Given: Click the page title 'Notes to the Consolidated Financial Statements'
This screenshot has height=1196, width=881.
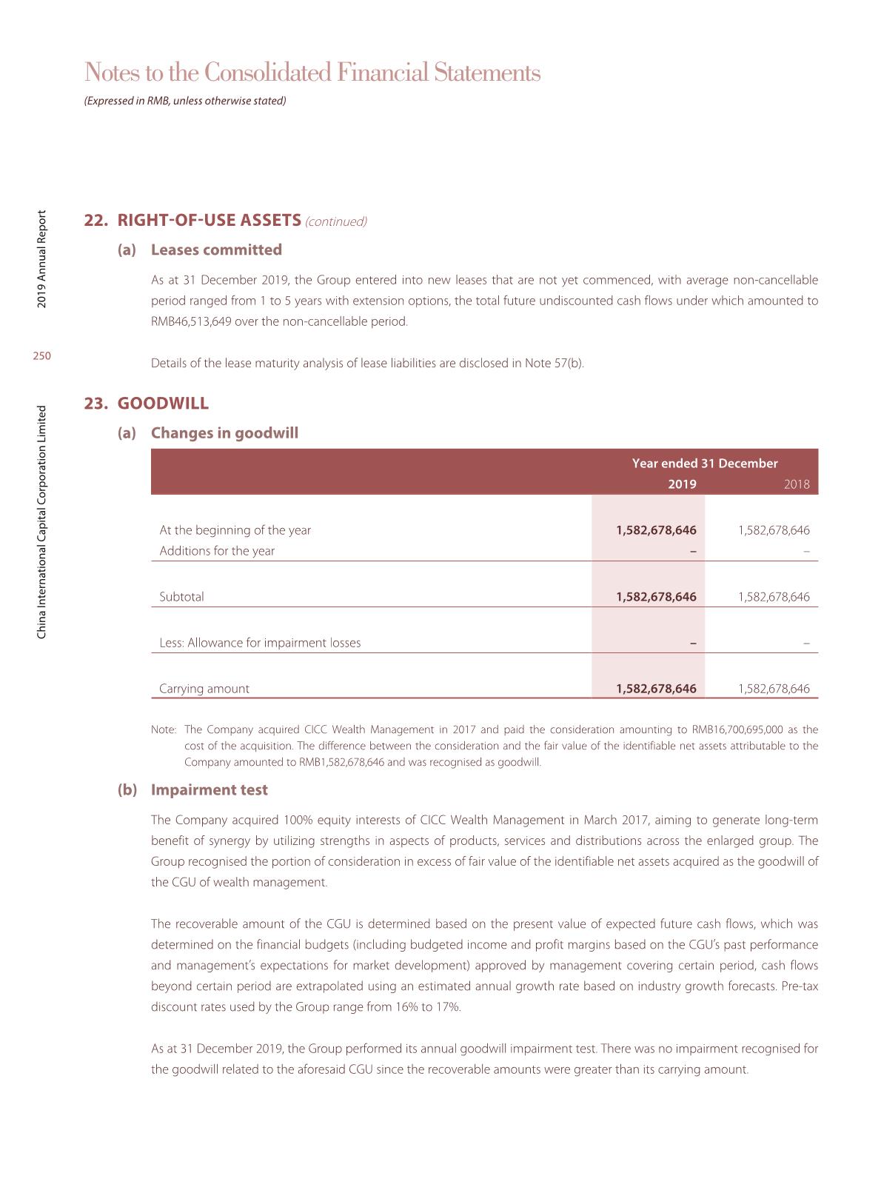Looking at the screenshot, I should tap(312, 73).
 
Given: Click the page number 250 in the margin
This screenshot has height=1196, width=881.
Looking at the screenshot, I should tap(42, 356).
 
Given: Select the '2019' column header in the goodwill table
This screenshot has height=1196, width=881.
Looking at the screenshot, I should tap(682, 484).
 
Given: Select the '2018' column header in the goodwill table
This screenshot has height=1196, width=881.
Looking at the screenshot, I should tap(797, 484).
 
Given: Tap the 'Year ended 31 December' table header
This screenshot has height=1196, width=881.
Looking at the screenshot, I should tap(705, 464).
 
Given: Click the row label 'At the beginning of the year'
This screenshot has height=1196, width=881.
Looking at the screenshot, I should tap(235, 530).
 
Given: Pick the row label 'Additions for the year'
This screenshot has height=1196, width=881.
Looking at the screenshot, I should tap(217, 551).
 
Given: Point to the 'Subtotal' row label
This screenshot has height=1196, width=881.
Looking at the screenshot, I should tap(181, 597).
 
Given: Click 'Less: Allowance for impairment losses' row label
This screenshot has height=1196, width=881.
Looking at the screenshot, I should tap(260, 643).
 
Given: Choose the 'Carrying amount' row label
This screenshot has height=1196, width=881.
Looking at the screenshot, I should tap(204, 689).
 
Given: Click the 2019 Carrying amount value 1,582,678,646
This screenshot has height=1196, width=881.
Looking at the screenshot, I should tap(656, 689).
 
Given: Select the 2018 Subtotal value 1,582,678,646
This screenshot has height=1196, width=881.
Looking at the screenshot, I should tap(774, 597).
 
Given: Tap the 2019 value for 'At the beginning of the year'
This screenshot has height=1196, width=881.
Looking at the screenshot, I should tap(656, 530).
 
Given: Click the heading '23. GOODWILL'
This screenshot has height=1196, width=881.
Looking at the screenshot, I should tap(147, 404).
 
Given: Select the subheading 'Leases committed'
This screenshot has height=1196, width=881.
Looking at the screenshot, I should tap(216, 250).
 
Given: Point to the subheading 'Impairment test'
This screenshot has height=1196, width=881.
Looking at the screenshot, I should tap(209, 790).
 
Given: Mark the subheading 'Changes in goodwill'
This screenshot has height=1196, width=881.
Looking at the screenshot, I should tap(224, 433).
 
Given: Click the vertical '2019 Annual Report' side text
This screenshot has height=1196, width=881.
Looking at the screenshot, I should tap(42, 259).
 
